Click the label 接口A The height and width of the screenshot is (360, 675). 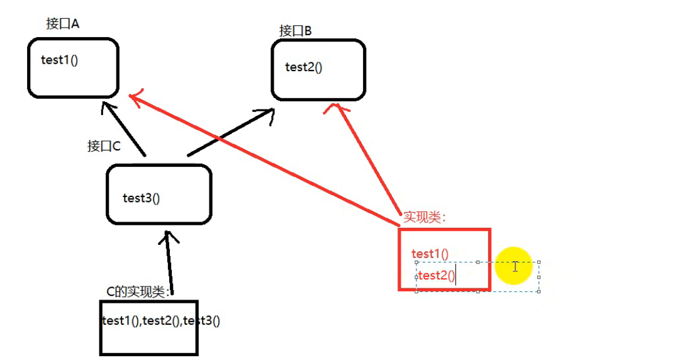coord(62,24)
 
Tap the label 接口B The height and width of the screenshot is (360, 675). coord(296,30)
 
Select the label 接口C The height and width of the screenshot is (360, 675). coord(104,146)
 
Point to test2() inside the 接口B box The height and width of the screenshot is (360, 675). coord(303,67)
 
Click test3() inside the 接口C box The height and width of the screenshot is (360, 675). coord(142,198)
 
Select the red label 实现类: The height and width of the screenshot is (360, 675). coord(425,218)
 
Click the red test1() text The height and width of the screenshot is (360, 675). coord(430,254)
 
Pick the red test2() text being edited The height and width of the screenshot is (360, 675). coord(437,275)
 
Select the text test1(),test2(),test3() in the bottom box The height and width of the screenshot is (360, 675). coord(160,320)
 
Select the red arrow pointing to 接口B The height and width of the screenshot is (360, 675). coord(368,160)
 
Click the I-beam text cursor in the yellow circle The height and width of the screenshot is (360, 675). coord(515,266)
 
